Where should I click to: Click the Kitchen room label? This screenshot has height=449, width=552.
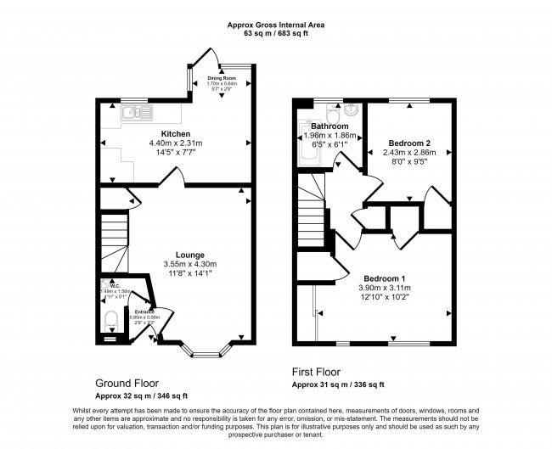click(x=175, y=134)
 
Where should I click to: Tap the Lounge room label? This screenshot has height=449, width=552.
click(x=189, y=254)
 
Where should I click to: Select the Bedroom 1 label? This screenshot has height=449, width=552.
click(x=385, y=278)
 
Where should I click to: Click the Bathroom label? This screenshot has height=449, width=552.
click(x=330, y=126)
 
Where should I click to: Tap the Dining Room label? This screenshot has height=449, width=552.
click(x=221, y=78)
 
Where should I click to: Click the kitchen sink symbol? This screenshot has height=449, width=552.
click(x=134, y=112)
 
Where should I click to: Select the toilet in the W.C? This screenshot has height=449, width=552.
click(x=109, y=321)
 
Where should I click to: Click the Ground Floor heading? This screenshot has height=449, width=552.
click(x=127, y=384)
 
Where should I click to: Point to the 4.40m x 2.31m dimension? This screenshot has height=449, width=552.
click(x=175, y=144)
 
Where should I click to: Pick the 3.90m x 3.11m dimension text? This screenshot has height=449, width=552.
click(x=385, y=289)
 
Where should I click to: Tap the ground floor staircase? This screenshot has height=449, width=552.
click(x=113, y=238)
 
